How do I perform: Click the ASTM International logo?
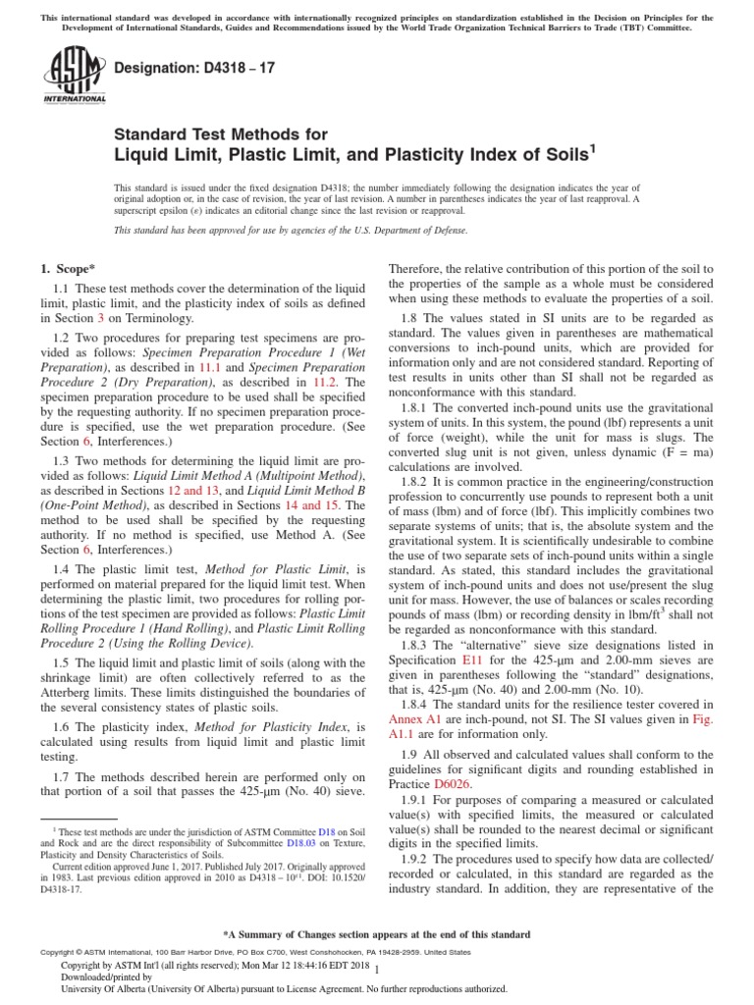click(x=74, y=77)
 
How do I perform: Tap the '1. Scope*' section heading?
click(x=68, y=268)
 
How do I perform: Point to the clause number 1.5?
click(x=62, y=663)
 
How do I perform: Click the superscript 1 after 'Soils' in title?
click(x=592, y=148)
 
